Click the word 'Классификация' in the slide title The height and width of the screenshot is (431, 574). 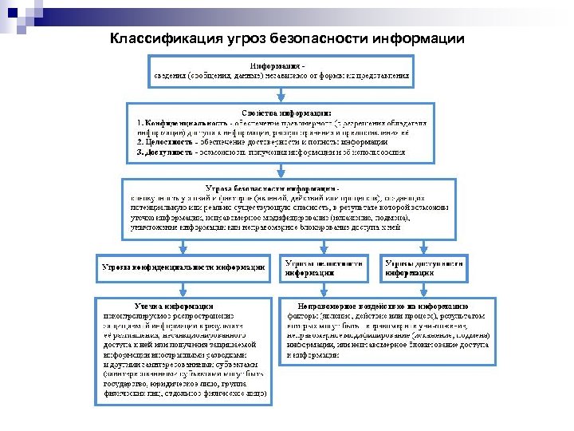point(155,39)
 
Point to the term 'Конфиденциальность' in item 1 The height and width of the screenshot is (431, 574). point(183,123)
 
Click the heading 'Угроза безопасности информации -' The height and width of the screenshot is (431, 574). point(274,188)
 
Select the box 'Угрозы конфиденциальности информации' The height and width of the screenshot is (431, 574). point(183,267)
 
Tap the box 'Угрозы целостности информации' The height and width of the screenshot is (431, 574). point(324,267)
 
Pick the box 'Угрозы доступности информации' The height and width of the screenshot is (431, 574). point(423,267)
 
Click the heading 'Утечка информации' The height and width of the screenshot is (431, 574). point(174,306)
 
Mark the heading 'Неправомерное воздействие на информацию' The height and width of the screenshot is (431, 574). point(383,306)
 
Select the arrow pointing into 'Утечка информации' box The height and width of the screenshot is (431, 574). point(183,289)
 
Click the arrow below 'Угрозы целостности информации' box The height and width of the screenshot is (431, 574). point(324,289)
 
